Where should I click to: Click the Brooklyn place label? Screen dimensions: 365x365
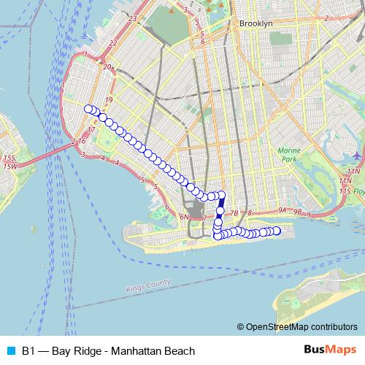click(255, 23)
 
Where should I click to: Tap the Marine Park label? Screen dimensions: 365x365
click(289, 154)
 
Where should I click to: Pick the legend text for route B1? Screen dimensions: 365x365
click(109, 351)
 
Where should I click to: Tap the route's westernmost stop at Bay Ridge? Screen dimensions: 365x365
click(88, 109)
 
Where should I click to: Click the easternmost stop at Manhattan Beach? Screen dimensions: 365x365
click(276, 231)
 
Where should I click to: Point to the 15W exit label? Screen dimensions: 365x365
click(9, 166)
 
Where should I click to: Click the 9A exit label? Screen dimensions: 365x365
click(283, 210)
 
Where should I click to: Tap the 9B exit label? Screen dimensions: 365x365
click(297, 211)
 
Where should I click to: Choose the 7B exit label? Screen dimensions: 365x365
click(234, 212)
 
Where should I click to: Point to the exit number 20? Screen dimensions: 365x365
click(107, 67)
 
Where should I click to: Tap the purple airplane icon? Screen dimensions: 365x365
click(356, 155)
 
